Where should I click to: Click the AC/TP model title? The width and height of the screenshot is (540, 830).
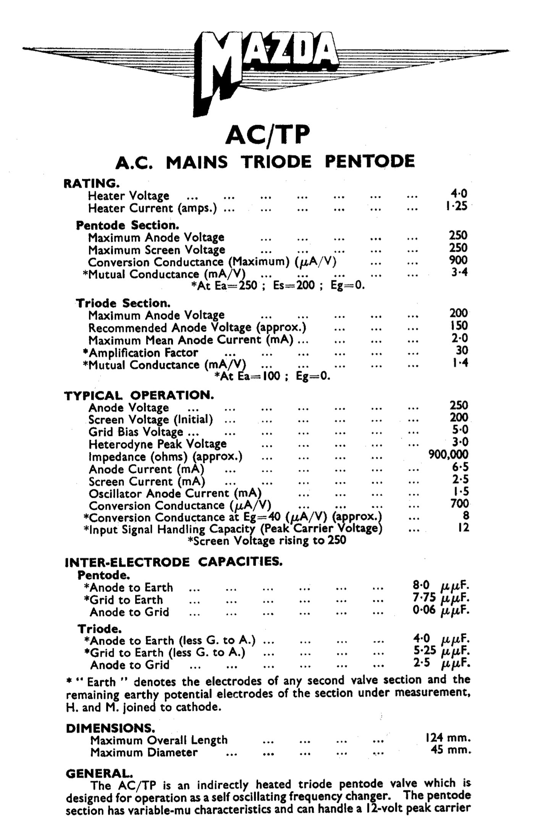point(267,135)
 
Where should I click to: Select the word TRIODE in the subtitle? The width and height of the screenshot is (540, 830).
point(276,162)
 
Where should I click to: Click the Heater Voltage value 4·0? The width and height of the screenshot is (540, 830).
point(459,194)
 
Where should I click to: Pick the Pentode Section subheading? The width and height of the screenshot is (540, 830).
point(128,225)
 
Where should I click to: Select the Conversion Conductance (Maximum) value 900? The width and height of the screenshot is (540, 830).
point(458,260)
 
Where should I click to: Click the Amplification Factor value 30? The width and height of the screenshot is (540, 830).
point(462,350)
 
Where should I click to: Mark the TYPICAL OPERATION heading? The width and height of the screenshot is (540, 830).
point(139,395)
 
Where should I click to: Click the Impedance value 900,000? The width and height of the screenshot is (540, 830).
point(448,454)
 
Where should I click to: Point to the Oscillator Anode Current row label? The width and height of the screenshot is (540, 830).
point(175,494)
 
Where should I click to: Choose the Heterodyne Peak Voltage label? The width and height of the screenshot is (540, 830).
point(157,444)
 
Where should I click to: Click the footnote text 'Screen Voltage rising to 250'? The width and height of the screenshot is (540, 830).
point(267,540)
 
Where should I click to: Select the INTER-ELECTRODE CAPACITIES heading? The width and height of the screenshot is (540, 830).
point(174,562)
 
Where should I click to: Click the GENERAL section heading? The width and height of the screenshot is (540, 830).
point(99,773)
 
